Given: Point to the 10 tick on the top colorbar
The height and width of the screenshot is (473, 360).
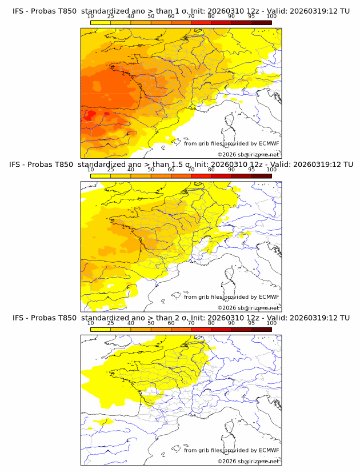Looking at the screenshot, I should pos(91,17).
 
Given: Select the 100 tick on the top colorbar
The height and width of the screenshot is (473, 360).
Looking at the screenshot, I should pos(271,17).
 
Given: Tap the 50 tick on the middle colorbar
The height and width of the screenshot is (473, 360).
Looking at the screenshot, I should pos(151,170).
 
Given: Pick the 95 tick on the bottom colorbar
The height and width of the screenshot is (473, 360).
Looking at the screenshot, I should pos(251,323).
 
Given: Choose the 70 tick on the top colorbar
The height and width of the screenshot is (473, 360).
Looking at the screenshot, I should pos(191,17).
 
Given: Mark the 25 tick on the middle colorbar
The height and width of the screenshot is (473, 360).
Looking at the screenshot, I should pos(111,170).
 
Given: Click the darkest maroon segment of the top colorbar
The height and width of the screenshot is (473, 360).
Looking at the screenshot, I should pos(261,22).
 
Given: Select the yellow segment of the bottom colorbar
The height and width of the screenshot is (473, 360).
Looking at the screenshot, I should pos(101,328).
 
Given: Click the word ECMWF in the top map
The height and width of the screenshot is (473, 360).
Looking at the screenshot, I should pos(269,144).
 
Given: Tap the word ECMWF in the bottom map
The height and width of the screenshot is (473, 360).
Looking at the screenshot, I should pos(269,450).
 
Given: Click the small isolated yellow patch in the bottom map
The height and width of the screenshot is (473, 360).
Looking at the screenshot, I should pos(101,422).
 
